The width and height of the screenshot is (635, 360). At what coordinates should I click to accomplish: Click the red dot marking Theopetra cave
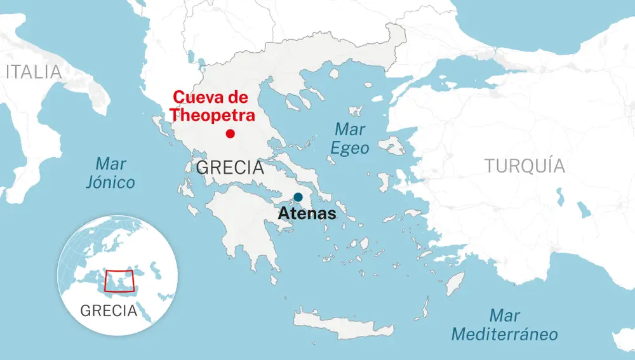[x=230, y=133]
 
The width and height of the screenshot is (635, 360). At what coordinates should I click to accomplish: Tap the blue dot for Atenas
[x=298, y=197]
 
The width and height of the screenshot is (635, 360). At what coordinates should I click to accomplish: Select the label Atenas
[x=307, y=214]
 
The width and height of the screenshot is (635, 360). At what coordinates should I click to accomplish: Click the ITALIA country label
[x=34, y=72]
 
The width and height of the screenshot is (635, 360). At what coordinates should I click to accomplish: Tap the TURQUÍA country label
[x=525, y=166]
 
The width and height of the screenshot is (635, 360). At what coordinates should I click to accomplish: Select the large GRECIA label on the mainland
[x=230, y=168]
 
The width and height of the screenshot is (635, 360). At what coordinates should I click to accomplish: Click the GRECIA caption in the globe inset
[x=109, y=310]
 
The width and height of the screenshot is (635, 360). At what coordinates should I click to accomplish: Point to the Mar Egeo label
[x=350, y=138]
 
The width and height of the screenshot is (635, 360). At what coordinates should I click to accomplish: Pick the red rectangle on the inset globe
[x=119, y=281]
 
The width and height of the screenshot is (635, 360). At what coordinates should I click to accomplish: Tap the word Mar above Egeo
[x=350, y=130]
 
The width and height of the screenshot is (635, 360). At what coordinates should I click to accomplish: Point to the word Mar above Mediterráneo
[x=505, y=316]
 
